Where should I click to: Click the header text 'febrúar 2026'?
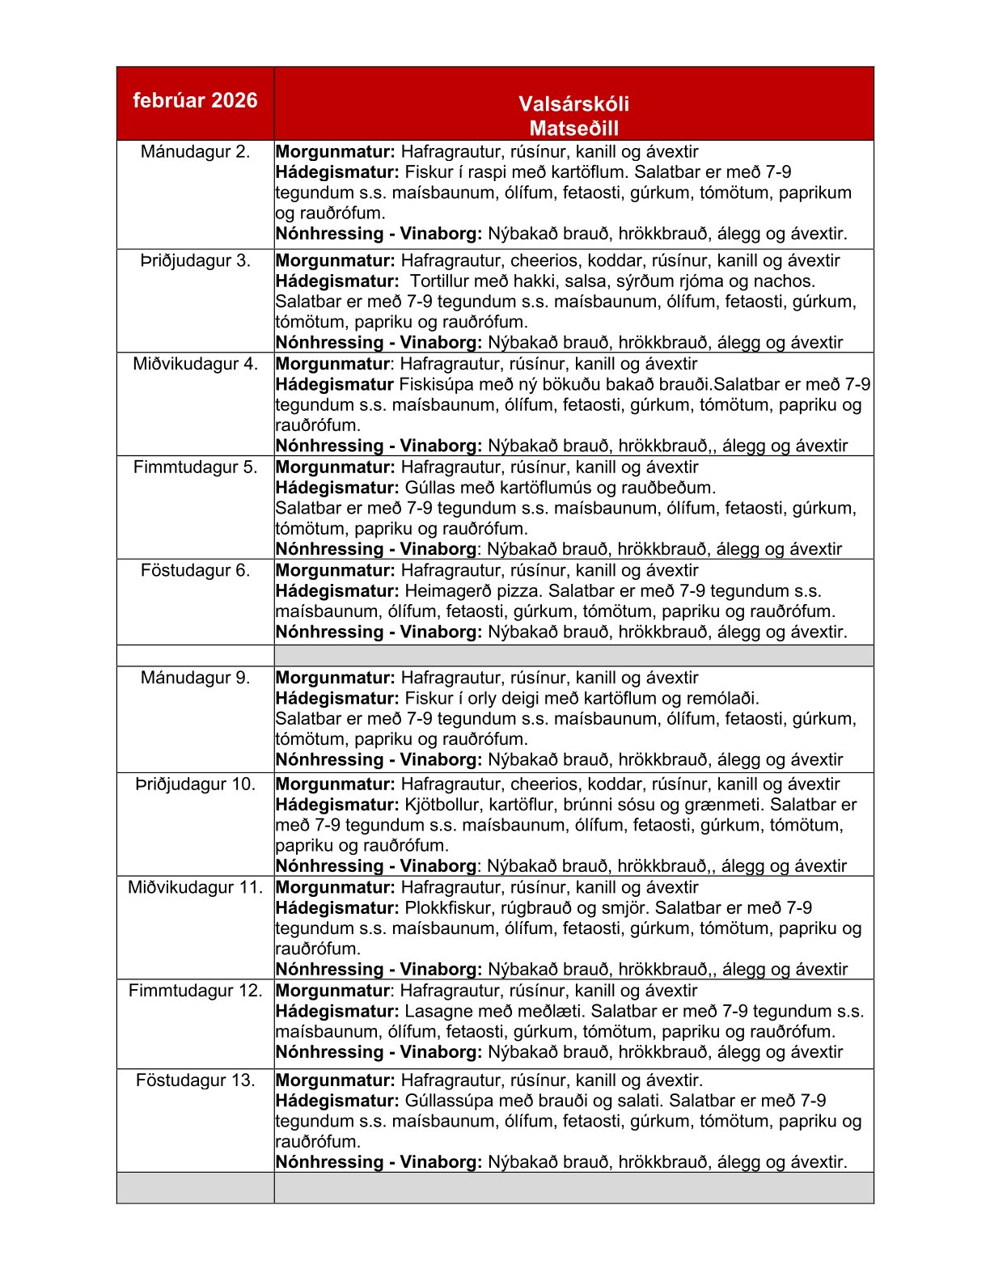click(x=195, y=100)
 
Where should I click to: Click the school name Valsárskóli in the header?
click(x=573, y=104)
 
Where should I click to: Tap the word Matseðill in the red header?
click(x=573, y=128)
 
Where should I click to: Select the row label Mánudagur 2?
click(x=195, y=151)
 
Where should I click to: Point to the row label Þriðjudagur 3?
click(x=195, y=260)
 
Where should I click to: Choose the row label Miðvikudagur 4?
click(x=195, y=364)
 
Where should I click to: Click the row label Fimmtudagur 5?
click(x=195, y=467)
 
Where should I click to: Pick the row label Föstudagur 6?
click(x=195, y=570)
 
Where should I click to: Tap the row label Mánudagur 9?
click(x=195, y=678)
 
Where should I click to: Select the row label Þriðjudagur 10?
click(x=195, y=784)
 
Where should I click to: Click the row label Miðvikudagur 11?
click(x=195, y=887)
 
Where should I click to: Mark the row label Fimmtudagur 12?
click(x=195, y=990)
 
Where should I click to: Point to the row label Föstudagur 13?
click(x=195, y=1080)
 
